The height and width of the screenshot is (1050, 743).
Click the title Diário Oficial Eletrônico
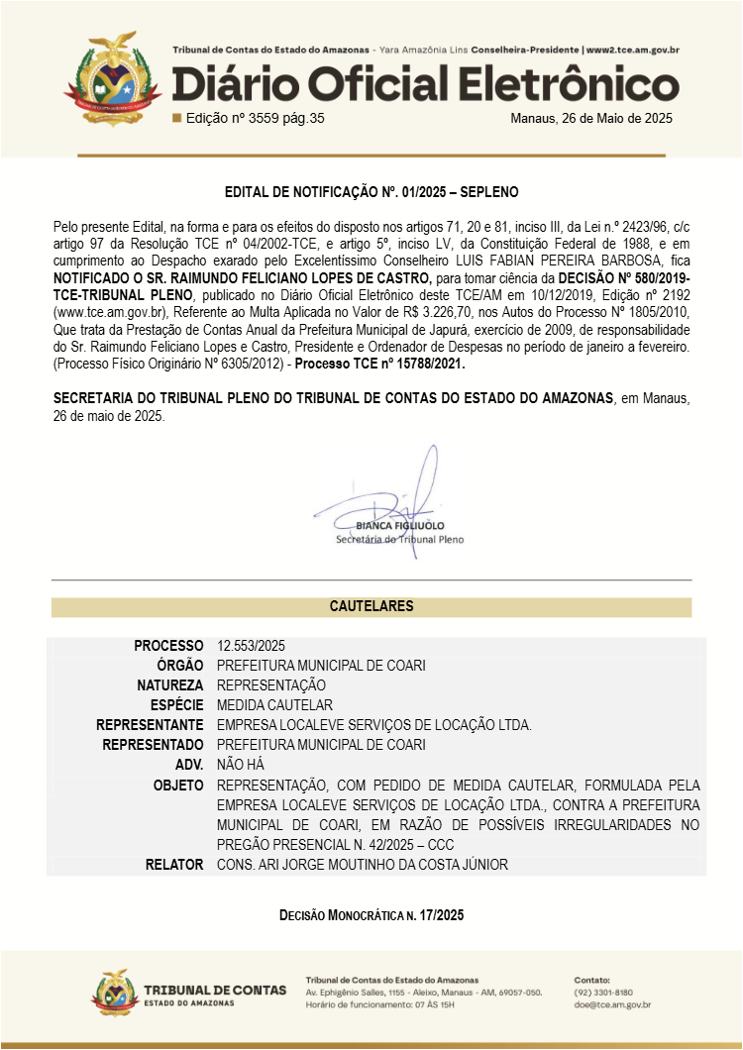click(x=425, y=84)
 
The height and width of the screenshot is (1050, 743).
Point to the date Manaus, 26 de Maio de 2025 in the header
click(x=590, y=118)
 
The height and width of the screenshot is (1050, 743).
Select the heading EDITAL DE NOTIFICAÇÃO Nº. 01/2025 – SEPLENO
click(x=371, y=191)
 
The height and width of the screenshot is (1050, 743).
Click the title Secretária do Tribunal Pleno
click(x=399, y=540)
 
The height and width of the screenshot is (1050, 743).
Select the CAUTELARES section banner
click(x=371, y=606)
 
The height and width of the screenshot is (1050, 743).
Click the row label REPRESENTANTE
click(x=150, y=725)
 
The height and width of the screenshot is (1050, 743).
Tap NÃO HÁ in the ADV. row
click(x=239, y=765)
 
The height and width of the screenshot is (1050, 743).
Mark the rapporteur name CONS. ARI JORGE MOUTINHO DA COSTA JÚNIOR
click(x=362, y=865)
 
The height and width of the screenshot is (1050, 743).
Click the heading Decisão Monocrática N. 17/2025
click(x=371, y=916)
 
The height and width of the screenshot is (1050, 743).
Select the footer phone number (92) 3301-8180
click(x=603, y=992)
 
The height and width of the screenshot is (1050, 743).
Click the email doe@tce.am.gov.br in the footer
click(x=612, y=1004)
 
